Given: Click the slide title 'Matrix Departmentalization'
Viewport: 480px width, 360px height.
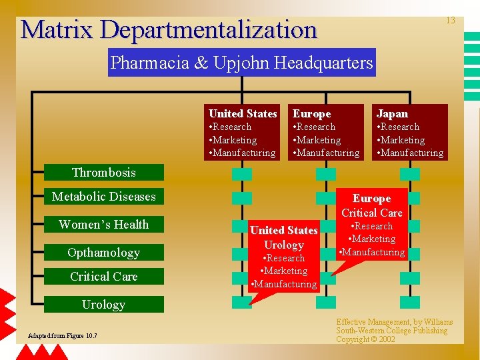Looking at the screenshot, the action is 169,29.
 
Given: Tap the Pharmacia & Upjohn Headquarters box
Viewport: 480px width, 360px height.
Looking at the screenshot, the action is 241,63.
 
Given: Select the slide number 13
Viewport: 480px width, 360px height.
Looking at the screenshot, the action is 450,21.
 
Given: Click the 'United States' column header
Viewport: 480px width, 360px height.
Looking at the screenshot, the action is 243,114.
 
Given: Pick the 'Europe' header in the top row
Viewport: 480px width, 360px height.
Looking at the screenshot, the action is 312,114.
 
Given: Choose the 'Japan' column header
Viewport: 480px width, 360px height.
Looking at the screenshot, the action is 392,114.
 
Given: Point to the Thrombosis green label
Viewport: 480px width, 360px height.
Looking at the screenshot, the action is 103,173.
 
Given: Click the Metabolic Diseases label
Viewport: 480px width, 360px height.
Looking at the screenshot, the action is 103,197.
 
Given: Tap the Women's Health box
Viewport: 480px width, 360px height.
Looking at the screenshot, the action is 103,225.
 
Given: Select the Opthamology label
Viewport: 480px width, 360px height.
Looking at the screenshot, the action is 103,253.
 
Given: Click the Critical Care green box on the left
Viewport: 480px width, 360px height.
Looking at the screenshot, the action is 103,277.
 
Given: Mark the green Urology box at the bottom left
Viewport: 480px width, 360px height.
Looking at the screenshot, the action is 103,305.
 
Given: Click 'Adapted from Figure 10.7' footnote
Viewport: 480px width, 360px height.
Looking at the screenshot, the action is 62,335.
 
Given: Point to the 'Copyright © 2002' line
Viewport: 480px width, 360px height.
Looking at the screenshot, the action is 365,339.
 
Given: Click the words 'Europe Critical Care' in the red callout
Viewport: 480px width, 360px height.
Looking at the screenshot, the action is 371,205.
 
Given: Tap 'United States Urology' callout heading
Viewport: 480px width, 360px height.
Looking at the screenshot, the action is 284,237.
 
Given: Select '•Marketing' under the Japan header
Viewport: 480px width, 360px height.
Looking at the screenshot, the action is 401,140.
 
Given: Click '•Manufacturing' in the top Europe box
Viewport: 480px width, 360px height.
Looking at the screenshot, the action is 326,153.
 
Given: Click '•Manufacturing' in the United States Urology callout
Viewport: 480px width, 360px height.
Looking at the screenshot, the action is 283,284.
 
